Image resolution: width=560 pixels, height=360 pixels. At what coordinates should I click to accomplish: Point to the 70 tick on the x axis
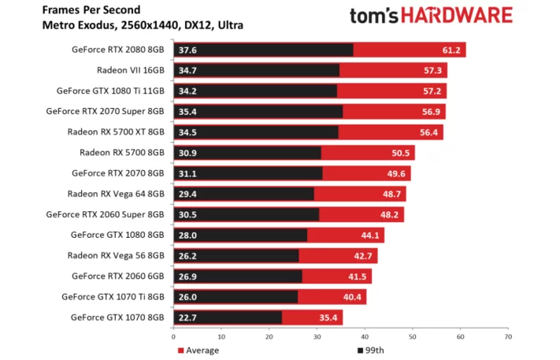click(x=508, y=336)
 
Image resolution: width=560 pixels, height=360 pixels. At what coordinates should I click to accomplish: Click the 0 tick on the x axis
click(x=175, y=336)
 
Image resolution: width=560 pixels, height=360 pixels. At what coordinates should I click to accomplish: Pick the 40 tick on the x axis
click(x=365, y=336)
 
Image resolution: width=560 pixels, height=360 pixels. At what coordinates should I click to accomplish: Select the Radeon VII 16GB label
click(x=131, y=69)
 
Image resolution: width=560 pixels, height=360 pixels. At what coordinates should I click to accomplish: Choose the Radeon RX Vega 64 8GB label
click(x=117, y=193)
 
